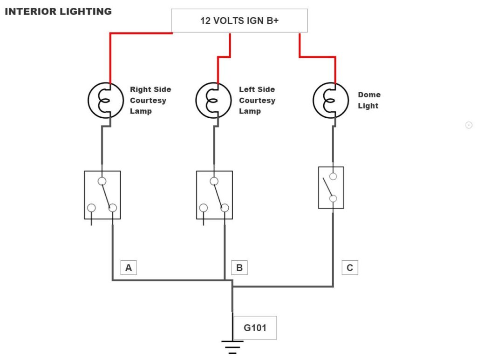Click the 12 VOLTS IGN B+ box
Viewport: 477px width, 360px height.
coord(239,20)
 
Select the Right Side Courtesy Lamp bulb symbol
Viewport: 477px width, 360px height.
coord(106,100)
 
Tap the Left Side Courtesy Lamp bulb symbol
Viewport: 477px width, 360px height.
coord(213,100)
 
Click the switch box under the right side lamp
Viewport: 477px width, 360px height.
coord(102,195)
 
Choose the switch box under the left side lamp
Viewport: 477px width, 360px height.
coord(214,195)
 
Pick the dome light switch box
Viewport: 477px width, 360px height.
coord(331,187)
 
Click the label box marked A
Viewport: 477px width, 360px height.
coord(129,268)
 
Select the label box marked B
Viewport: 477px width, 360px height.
coord(239,268)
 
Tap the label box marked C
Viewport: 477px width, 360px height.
coord(350,268)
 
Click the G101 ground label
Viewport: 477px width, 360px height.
coord(255,328)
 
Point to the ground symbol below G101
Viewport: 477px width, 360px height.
coord(232,346)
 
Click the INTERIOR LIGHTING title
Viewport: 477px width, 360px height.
coord(58,12)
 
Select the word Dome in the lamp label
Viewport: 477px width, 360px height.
coord(369,95)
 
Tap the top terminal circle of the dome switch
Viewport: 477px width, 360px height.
coord(333,176)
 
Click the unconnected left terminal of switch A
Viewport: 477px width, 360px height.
coord(92,208)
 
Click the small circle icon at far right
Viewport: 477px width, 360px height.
coord(469,125)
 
